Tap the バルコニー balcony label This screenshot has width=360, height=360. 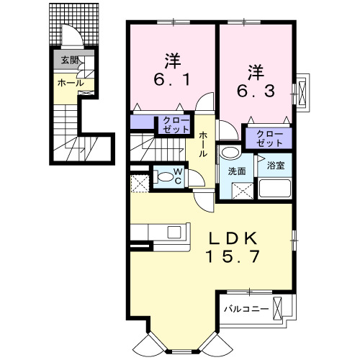[246, 309]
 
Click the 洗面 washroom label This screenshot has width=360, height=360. [237, 172]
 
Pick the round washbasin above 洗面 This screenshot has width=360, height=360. [230, 153]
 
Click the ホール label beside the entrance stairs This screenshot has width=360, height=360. [71, 84]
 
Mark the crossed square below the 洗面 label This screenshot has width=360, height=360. [243, 190]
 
